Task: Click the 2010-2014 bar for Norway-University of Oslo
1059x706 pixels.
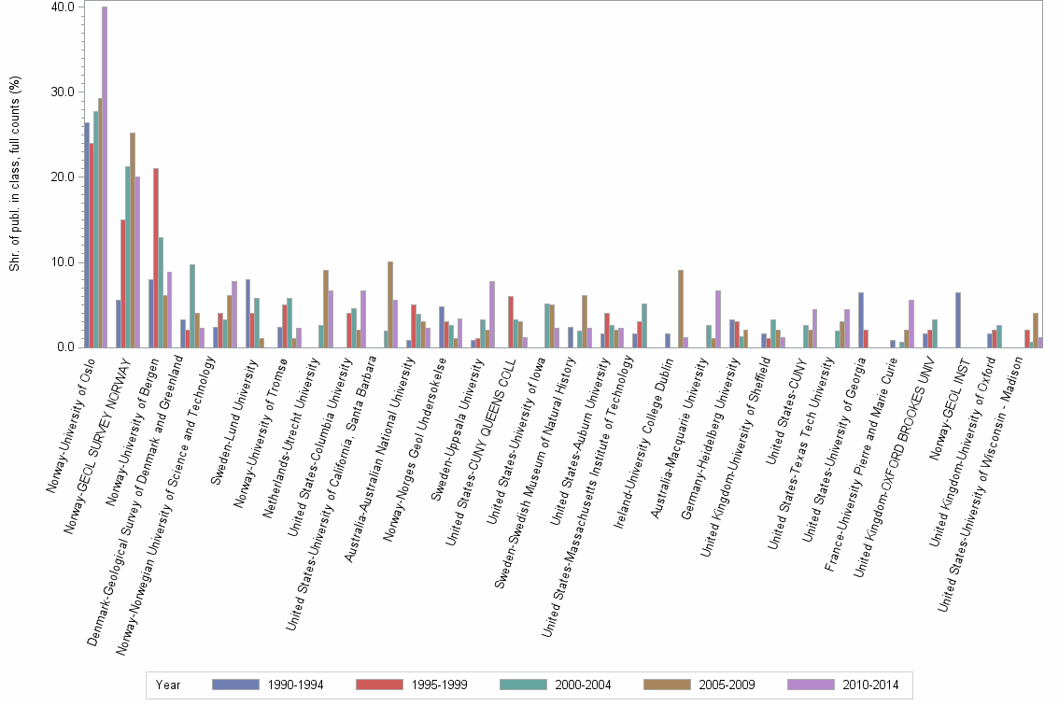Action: (x=105, y=177)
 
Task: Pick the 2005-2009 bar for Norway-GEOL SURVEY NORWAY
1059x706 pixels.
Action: (x=133, y=240)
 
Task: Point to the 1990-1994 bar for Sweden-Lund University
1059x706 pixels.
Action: (x=247, y=314)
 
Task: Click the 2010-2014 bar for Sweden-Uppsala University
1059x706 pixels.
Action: (x=492, y=315)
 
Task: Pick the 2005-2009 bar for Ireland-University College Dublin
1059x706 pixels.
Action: (x=681, y=309)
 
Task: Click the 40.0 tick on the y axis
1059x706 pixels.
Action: (x=63, y=7)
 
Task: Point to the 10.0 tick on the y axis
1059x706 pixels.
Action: (x=63, y=262)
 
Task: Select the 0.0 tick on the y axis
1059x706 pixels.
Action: (x=65, y=347)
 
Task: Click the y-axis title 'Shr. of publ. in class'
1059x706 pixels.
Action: (x=15, y=177)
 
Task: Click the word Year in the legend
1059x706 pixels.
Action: (x=168, y=685)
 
